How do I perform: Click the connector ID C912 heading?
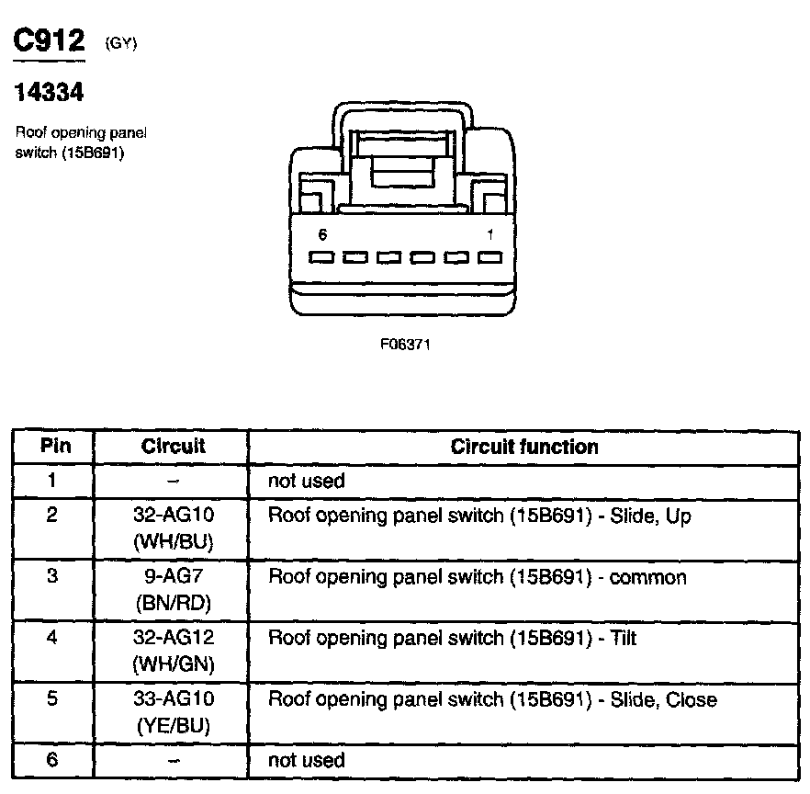tap(48, 40)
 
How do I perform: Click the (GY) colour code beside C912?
tap(121, 42)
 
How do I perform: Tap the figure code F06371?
tap(405, 345)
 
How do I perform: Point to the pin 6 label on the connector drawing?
tap(322, 234)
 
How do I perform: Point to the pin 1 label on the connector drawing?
tap(490, 234)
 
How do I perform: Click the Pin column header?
tap(52, 447)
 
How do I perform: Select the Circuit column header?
tap(174, 447)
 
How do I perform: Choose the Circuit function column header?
tap(524, 447)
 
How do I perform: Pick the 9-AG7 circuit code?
tap(174, 577)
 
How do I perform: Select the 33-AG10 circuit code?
tap(174, 699)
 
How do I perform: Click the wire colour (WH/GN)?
tap(174, 663)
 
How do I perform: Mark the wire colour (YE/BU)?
tap(174, 726)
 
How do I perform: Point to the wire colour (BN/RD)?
tap(174, 603)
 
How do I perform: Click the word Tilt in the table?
tap(624, 638)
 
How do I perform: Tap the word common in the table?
tap(647, 577)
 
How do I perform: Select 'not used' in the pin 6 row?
tap(306, 760)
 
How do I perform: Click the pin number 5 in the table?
tap(52, 699)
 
